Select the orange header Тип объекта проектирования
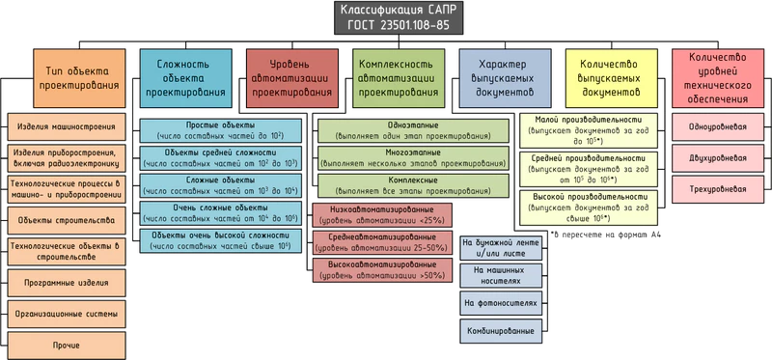click(79, 78)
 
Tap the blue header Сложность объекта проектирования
click(186, 78)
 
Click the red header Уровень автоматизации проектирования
click(290, 78)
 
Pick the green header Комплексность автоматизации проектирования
click(396, 78)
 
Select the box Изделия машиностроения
click(67, 126)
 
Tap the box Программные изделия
click(67, 282)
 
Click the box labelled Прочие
click(67, 344)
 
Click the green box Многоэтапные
click(414, 158)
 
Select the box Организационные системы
click(67, 313)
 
